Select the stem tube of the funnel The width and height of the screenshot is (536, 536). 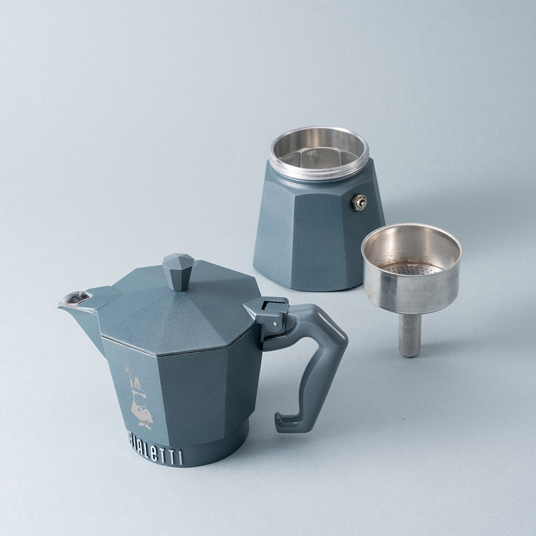pos(409,334)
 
